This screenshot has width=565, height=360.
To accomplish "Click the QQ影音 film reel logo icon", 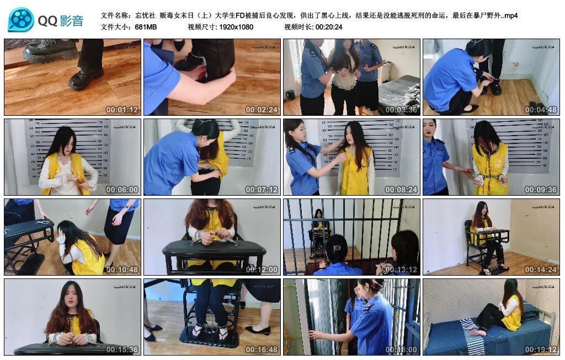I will (21, 20).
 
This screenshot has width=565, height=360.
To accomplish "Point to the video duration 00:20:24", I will (329, 26).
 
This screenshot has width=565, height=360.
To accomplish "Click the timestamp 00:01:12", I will (122, 110).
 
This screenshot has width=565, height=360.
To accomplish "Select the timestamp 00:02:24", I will (262, 110).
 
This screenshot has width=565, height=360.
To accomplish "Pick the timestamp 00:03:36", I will (401, 110).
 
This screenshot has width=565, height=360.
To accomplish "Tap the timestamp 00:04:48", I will (541, 110).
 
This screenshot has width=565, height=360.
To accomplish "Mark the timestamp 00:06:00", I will (122, 190).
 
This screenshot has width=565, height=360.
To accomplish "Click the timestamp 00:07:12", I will (262, 190).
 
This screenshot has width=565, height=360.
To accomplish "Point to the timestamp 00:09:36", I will (541, 190).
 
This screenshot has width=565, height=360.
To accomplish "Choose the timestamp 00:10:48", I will (122, 270).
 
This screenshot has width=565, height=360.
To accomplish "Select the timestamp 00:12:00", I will (262, 270).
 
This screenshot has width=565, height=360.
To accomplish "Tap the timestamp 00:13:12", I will (401, 270).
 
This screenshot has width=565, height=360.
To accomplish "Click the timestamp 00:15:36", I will (122, 350).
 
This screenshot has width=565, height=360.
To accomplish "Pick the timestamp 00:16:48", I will (262, 350).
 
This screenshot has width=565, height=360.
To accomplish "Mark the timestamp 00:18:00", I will (401, 350).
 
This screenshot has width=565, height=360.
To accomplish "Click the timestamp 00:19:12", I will (541, 350).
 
